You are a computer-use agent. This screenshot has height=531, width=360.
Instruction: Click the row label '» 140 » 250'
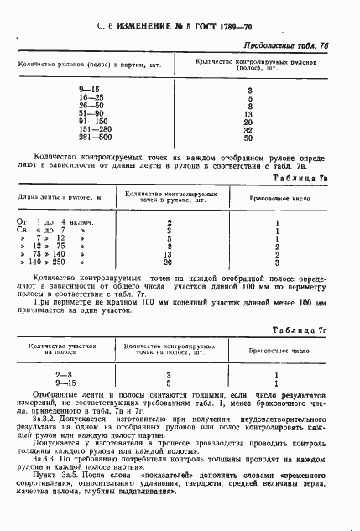59,263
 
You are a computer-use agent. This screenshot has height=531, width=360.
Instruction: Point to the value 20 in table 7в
170,263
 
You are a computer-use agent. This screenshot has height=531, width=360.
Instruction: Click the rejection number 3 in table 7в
276,263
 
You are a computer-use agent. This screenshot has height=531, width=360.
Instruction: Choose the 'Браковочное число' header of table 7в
277,197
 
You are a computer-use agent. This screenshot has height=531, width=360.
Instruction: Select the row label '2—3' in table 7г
64,376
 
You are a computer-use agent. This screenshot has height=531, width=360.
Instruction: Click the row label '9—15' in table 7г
64,384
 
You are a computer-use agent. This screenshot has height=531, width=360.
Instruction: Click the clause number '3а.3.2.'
48,419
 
